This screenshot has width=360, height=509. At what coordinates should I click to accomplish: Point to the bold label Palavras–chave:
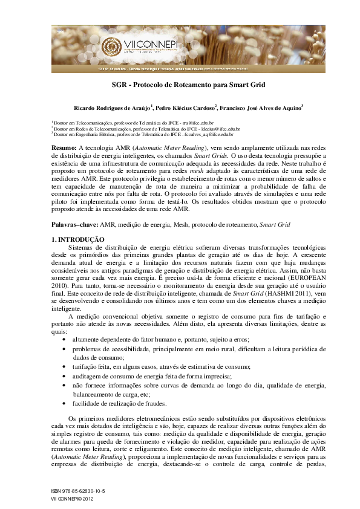pyautogui.click(x=75, y=208)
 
